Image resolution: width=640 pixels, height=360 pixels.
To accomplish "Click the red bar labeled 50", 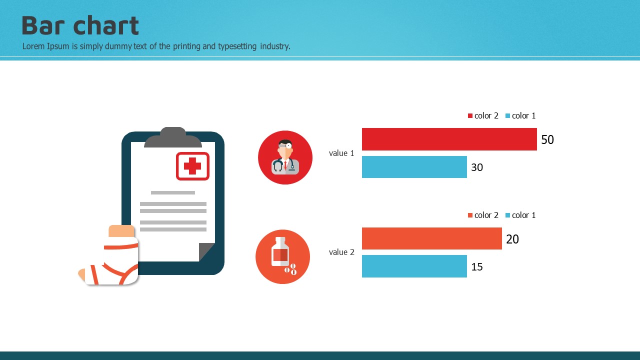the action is click(449, 139).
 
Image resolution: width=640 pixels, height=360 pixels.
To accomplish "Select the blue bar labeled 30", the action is click(414, 167).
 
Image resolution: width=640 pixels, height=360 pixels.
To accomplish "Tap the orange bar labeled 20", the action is click(431, 238).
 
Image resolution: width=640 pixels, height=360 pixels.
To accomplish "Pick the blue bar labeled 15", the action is click(414, 266).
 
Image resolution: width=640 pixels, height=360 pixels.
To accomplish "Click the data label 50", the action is click(547, 139).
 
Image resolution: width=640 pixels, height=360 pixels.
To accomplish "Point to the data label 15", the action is click(477, 267).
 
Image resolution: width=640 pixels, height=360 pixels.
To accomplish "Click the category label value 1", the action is click(341, 153).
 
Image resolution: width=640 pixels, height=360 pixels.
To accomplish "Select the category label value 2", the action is click(341, 252).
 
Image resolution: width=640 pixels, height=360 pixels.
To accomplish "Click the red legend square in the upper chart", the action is click(470, 115).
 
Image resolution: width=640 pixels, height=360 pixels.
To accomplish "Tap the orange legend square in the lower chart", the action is click(470, 215).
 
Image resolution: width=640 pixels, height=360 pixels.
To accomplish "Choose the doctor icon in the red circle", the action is click(285, 157).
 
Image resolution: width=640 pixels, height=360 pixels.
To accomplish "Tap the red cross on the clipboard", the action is click(192, 166).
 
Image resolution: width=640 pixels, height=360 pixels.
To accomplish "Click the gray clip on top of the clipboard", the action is click(173, 137).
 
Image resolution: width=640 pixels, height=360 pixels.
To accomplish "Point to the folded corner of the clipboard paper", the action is click(206, 251).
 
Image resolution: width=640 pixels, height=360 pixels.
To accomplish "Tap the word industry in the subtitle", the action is click(275, 46).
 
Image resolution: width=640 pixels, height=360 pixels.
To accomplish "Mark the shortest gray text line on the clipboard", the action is click(173, 193).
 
